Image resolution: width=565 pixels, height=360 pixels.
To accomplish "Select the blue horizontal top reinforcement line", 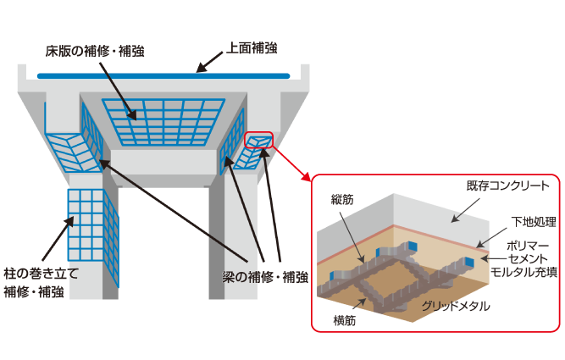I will click(169, 77).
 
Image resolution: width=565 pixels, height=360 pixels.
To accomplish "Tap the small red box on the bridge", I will click(258, 141).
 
